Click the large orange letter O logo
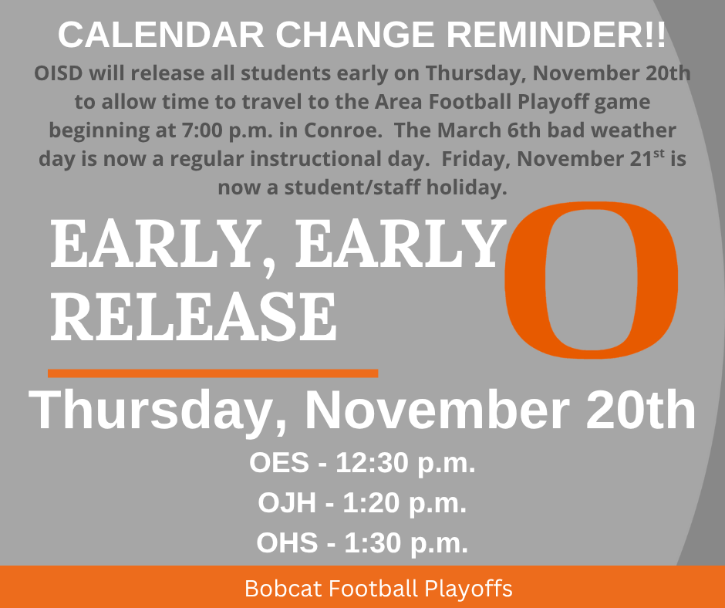tap(592, 279)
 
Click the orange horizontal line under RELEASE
tap(213, 373)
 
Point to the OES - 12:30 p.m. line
tap(362, 464)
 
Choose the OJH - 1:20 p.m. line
tap(362, 503)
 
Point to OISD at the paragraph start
tap(58, 74)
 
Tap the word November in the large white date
tap(436, 411)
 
